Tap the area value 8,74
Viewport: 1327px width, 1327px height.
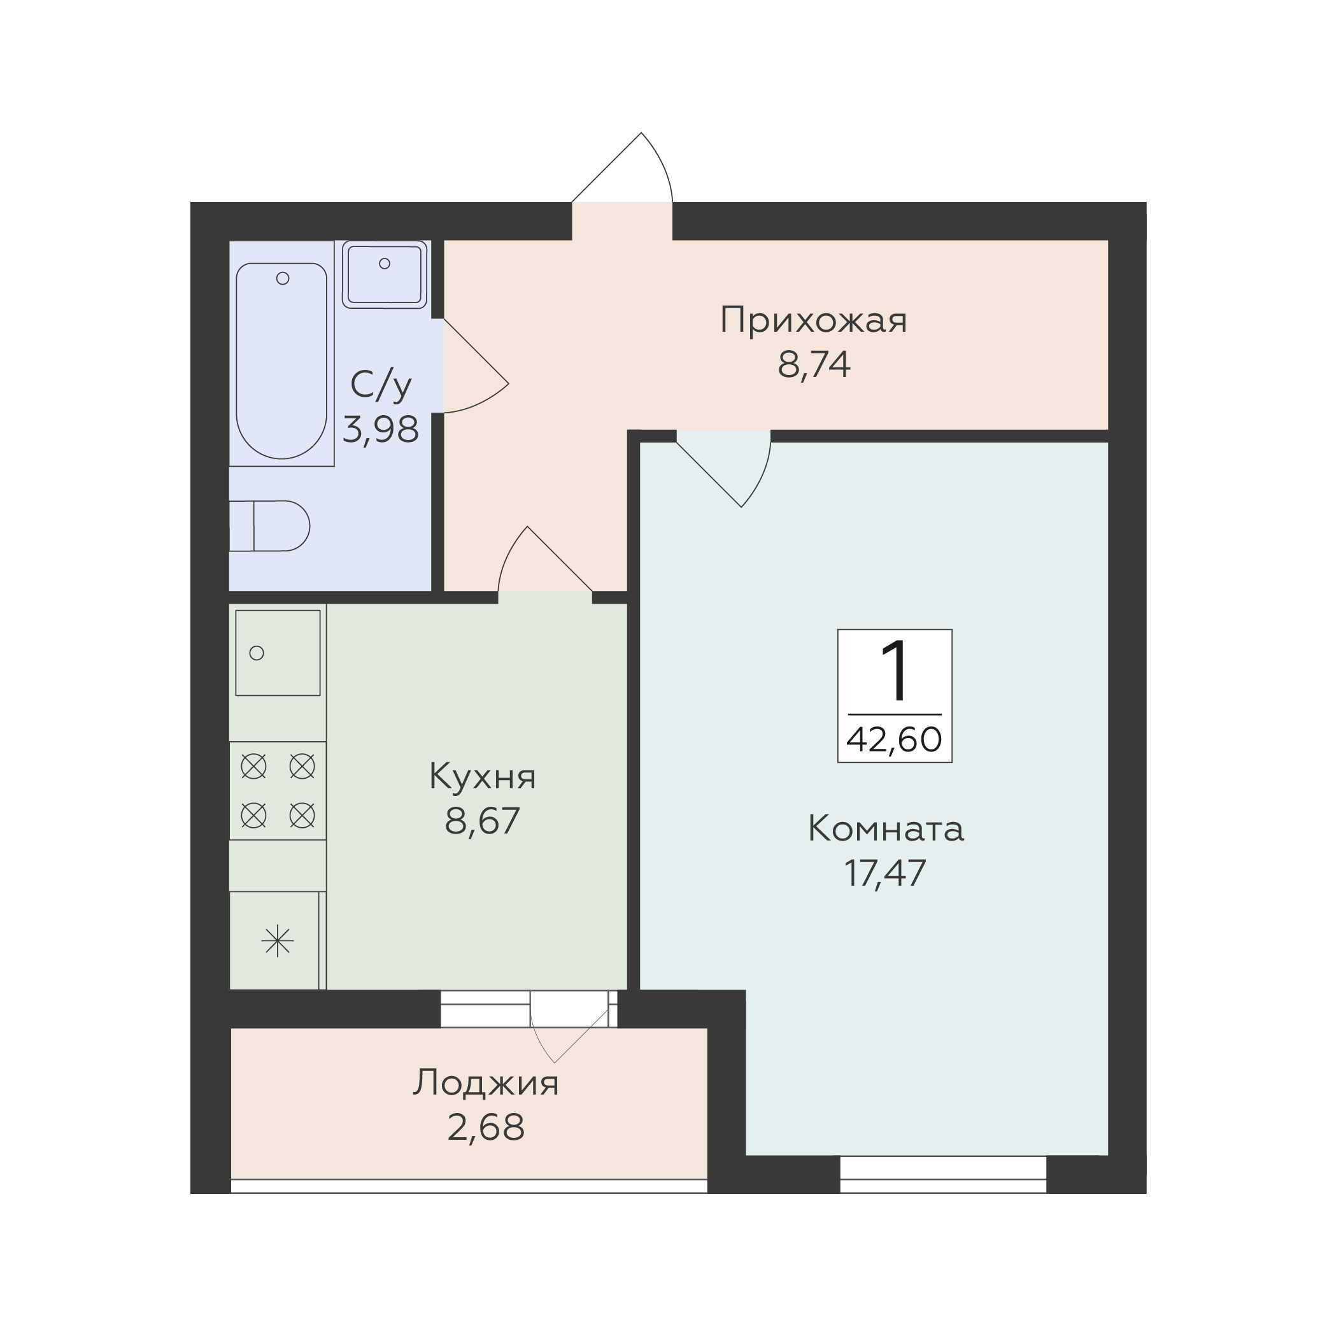coord(814,365)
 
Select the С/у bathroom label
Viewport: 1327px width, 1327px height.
coord(381,385)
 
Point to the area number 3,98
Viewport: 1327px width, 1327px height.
coord(381,430)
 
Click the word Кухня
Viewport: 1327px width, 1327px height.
coord(482,777)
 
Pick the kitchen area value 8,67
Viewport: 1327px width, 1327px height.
coord(482,821)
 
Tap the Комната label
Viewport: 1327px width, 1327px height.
coord(885,829)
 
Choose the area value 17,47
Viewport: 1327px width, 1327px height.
coord(885,873)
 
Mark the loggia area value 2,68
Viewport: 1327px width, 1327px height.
coord(486,1128)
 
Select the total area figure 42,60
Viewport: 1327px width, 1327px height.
coord(894,741)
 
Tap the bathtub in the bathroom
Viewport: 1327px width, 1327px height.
coord(281,360)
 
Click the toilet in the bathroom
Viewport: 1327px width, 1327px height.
coord(269,526)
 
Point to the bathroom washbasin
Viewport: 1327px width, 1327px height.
coord(385,274)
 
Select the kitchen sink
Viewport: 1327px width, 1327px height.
coord(278,653)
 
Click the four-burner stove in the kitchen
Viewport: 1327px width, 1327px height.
coord(278,791)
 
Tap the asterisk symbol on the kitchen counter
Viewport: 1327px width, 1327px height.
coord(278,940)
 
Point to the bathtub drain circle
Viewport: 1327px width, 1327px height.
coord(282,278)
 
